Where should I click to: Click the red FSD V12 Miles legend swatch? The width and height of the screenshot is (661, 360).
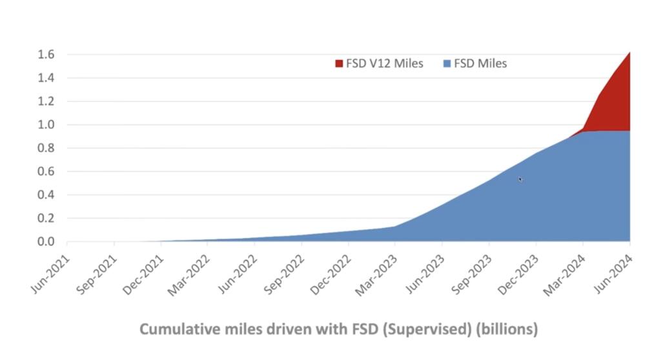338,63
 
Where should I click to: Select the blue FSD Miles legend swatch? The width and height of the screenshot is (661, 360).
447,63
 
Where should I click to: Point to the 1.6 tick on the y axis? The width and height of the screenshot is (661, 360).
46,54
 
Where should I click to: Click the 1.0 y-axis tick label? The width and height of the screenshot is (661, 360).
46,125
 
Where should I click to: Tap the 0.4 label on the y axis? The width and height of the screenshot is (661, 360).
46,195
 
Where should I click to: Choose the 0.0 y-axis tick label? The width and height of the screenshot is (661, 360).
46,242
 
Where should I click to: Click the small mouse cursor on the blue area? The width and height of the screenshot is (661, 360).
520,179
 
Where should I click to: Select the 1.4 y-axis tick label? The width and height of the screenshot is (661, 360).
46,77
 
